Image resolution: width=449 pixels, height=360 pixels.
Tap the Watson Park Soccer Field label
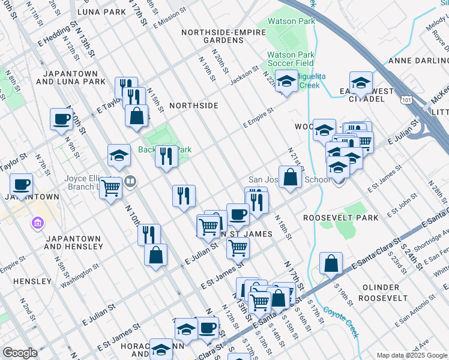pos(291,59)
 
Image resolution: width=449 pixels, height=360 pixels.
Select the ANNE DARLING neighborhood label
pos(418,61)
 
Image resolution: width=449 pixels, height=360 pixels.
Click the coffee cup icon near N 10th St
pos(61,118)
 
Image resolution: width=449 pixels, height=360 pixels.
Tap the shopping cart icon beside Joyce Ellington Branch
pos(110,188)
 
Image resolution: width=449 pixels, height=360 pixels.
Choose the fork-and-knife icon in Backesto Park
pos(166,155)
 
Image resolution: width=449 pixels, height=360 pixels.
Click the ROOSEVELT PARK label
pos(341,218)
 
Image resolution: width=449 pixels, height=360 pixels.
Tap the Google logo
pos(20,353)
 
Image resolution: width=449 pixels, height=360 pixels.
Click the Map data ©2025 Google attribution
pos(412,355)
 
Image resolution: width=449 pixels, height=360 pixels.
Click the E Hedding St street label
pos(56,35)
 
